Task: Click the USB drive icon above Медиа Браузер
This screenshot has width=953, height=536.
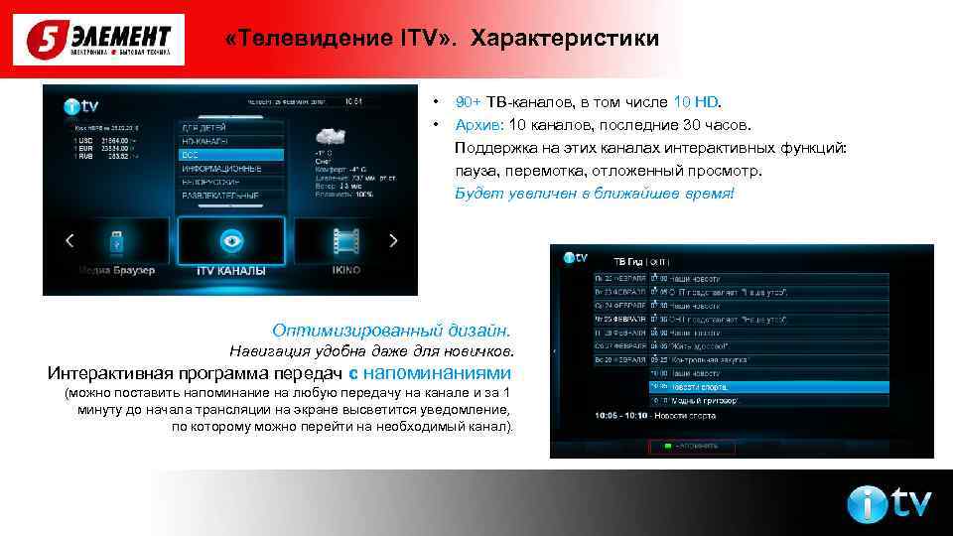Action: coord(114,241)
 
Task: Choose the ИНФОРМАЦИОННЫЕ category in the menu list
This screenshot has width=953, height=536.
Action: coord(219,169)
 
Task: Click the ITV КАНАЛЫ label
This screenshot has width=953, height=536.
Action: coord(231,270)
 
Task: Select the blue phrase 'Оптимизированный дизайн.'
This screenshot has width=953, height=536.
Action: coord(393,329)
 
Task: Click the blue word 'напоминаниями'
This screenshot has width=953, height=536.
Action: coord(438,373)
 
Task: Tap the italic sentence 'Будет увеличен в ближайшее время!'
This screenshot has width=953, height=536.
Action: coord(595,192)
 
